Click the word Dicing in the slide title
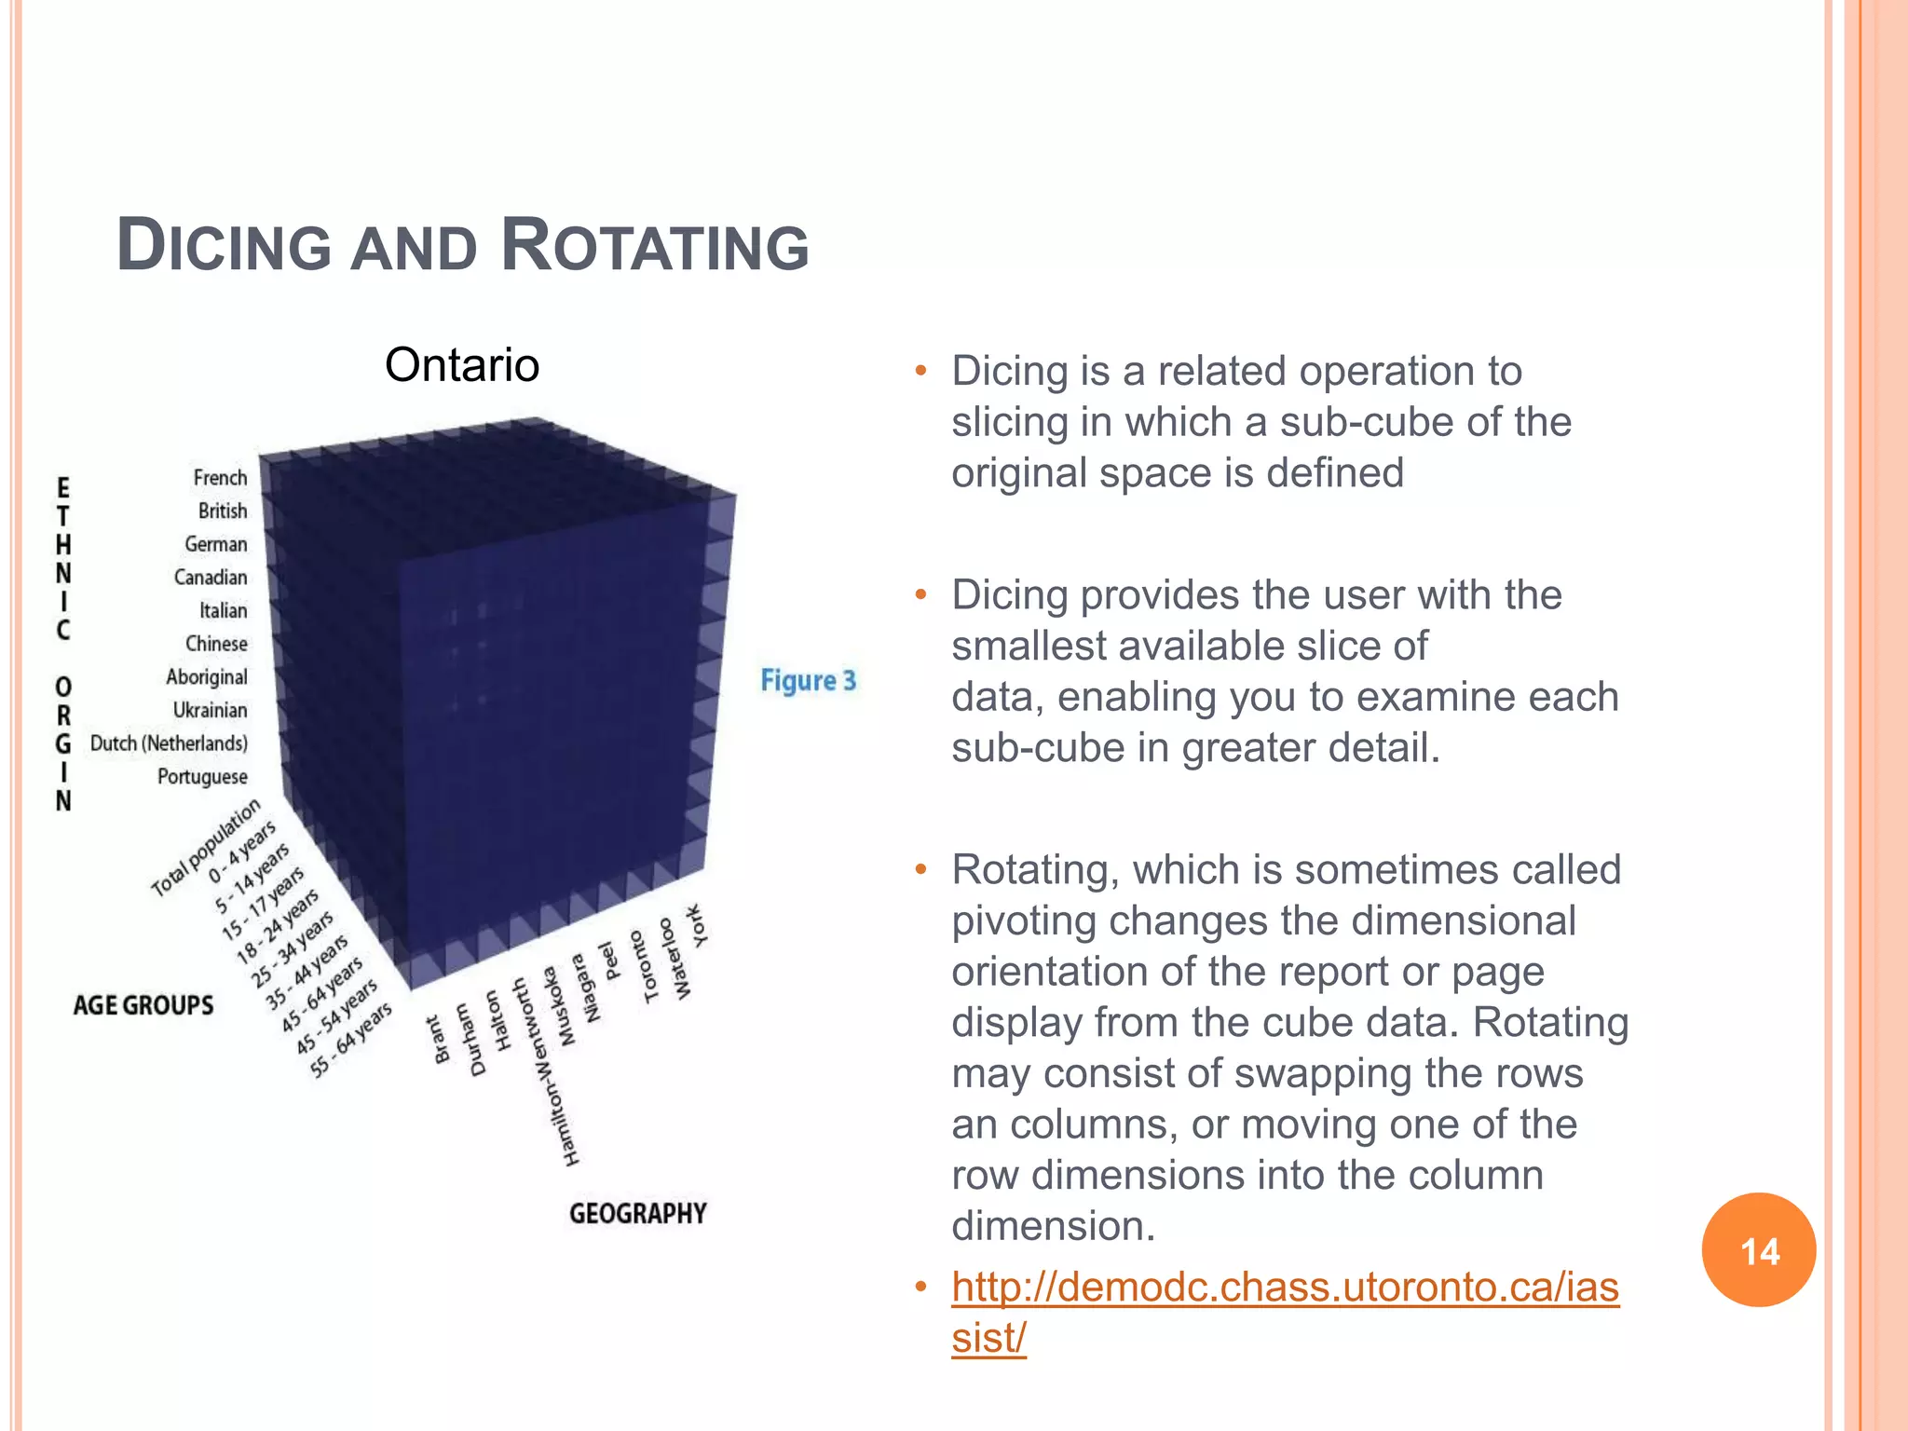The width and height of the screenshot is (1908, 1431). pyautogui.click(x=225, y=246)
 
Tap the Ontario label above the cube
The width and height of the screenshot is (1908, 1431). pyautogui.click(x=462, y=364)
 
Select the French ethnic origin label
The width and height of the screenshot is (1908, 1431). pyautogui.click(x=220, y=478)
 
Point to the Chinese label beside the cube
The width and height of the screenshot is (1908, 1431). pyautogui.click(x=216, y=644)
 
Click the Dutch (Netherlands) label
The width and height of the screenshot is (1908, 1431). pyautogui.click(x=169, y=743)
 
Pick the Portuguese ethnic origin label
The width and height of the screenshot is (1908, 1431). pyautogui.click(x=202, y=777)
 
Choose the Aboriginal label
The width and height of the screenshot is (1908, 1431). pyautogui.click(x=207, y=677)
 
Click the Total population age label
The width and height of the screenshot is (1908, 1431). pyautogui.click(x=206, y=848)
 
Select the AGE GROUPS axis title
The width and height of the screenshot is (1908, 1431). pyautogui.click(x=143, y=1005)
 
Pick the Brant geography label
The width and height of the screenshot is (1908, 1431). pyautogui.click(x=437, y=1040)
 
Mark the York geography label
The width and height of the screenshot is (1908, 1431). pyautogui.click(x=696, y=924)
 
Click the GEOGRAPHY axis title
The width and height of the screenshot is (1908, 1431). pyautogui.click(x=638, y=1213)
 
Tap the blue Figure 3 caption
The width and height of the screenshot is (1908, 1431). pyautogui.click(x=808, y=681)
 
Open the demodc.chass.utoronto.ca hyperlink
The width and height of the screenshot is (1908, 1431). pyautogui.click(x=1285, y=1288)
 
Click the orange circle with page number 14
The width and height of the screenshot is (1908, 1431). pyautogui.click(x=1758, y=1250)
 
